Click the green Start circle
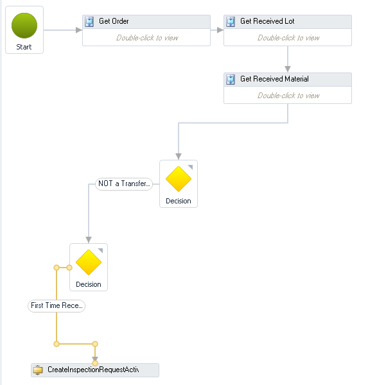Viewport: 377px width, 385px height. tap(24, 26)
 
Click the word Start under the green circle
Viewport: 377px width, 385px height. tap(24, 47)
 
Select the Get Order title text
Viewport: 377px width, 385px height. tap(114, 21)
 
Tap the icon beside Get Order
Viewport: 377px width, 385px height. tap(89, 22)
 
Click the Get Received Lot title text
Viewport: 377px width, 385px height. tap(267, 21)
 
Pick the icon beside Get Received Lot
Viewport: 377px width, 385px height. tap(231, 22)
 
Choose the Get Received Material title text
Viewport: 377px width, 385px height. tap(274, 79)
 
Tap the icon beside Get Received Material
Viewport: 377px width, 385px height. tap(231, 80)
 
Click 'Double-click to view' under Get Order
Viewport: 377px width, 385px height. tap(147, 38)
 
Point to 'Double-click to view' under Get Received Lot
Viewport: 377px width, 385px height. tap(288, 38)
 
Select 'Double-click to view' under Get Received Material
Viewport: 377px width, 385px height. tap(288, 96)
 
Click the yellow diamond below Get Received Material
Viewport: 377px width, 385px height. tap(179, 179)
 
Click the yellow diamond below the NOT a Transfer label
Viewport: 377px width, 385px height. tap(89, 262)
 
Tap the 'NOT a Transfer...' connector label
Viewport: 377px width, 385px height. tap(124, 184)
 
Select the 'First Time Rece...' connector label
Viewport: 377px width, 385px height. tap(57, 306)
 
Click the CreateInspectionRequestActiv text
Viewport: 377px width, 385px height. tap(93, 370)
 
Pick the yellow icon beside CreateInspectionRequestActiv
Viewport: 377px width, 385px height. tap(38, 370)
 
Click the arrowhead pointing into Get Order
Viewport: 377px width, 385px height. tap(79, 30)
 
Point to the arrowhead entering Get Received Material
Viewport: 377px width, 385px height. tap(288, 69)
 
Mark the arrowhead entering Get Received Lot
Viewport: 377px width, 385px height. tap(220, 30)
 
